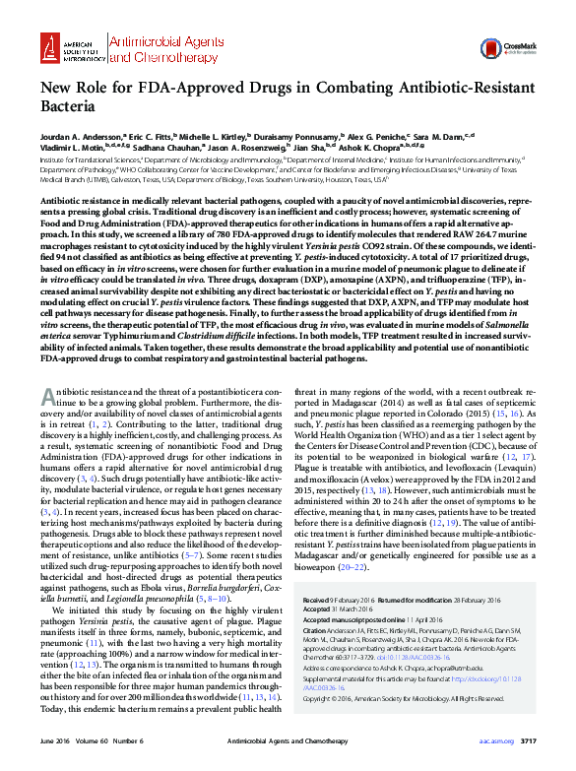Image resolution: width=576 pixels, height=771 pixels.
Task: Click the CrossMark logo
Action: click(x=524, y=42)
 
